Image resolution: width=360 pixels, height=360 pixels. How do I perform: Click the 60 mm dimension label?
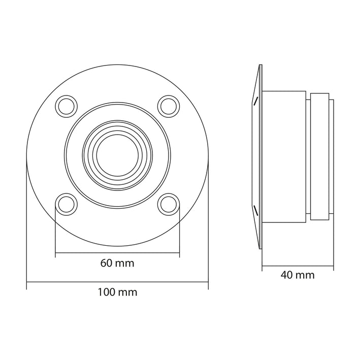117,264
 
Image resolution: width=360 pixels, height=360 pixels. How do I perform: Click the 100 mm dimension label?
117,292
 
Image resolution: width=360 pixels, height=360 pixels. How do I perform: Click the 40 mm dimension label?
298,275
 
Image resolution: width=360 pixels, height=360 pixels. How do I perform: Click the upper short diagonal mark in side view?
256,100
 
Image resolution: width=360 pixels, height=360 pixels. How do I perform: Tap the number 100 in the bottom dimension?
106,292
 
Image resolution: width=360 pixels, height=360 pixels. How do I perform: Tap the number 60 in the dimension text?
106,264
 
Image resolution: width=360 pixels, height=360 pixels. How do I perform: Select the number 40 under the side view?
286,275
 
